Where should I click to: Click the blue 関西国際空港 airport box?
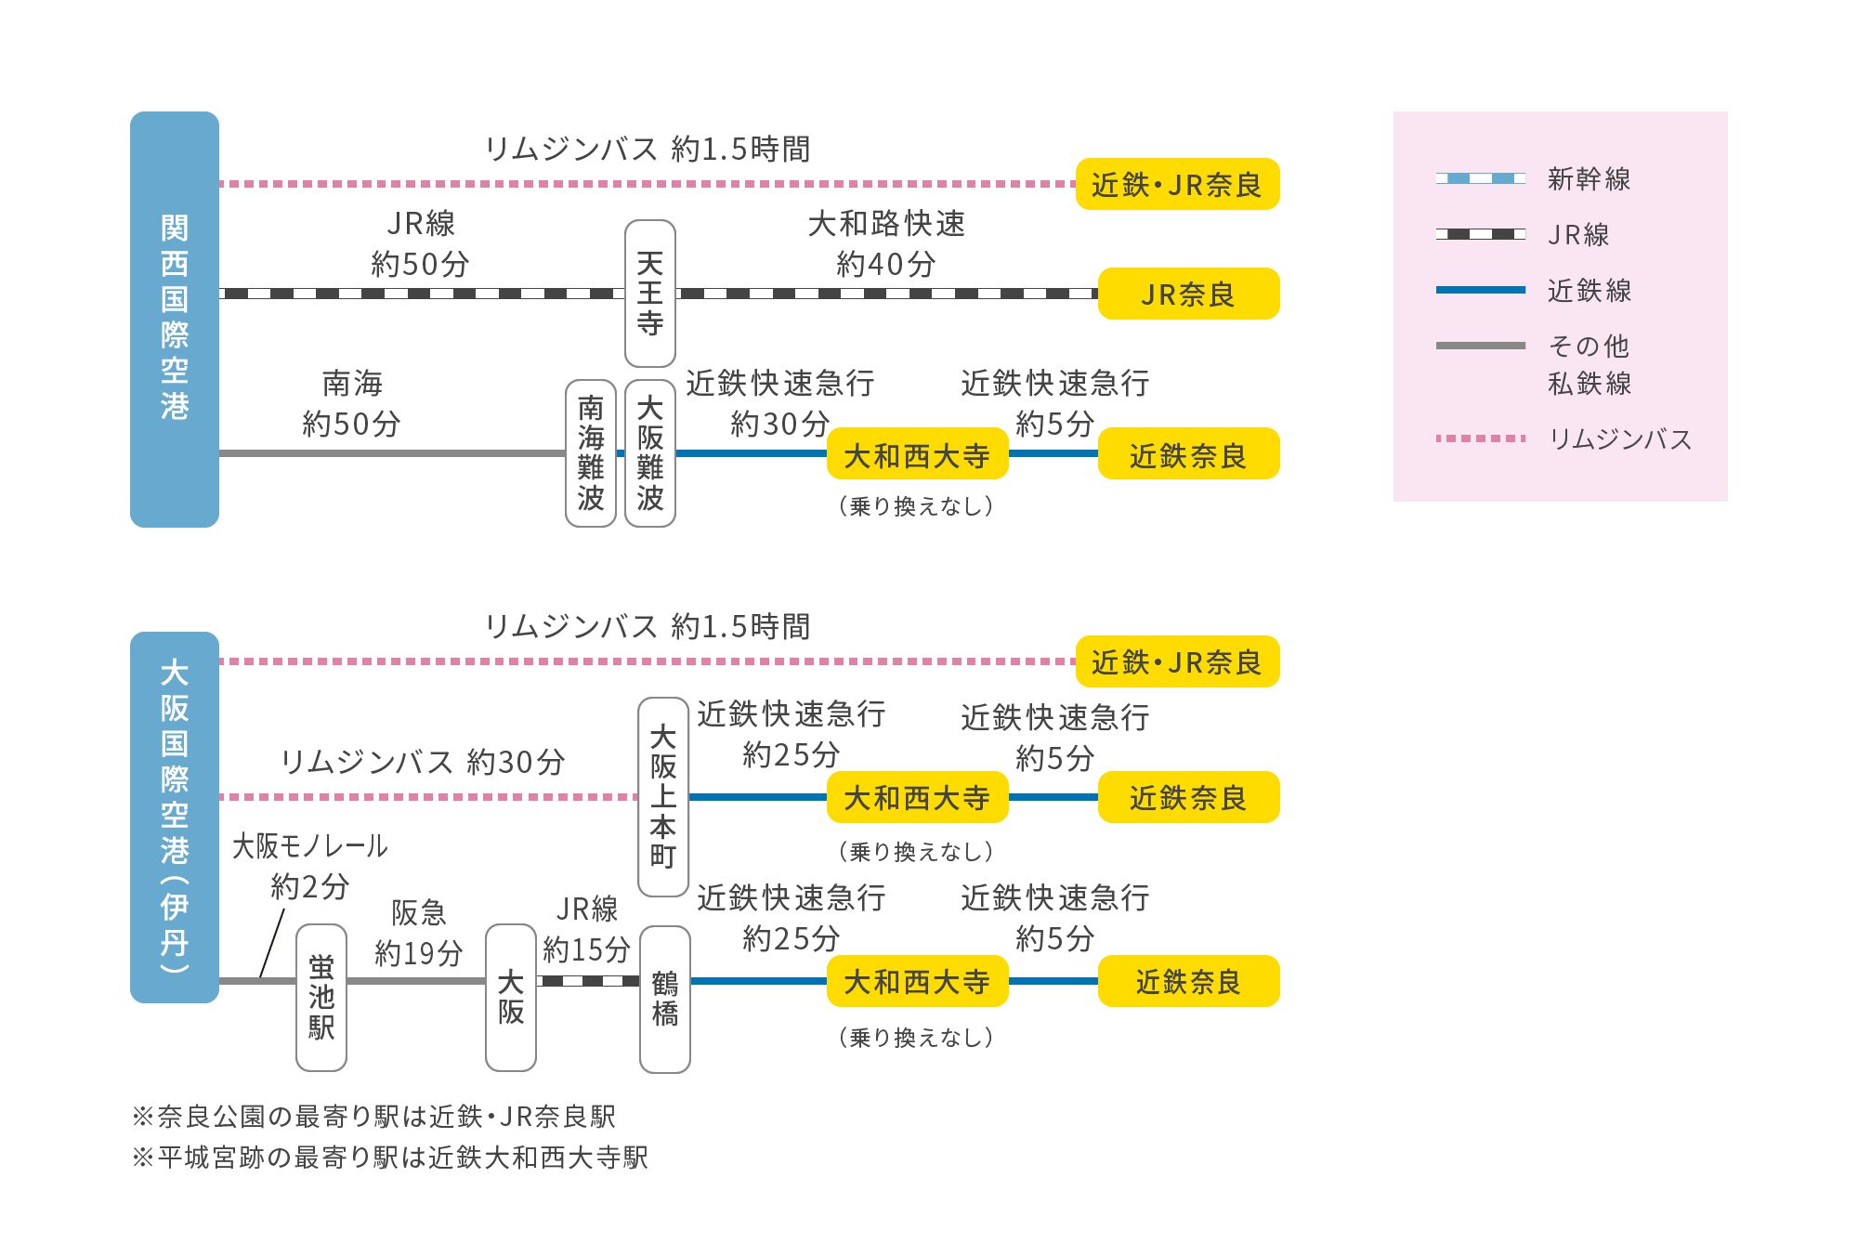(x=175, y=319)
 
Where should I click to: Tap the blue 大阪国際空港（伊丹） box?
(x=175, y=817)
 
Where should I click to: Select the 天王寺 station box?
(x=649, y=294)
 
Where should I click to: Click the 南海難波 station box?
(x=591, y=453)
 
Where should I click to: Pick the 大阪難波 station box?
(x=649, y=453)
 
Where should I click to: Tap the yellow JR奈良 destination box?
(x=1188, y=294)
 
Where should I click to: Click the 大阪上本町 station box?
(x=662, y=797)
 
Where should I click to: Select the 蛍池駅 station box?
(x=321, y=997)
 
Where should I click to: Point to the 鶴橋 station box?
(x=664, y=999)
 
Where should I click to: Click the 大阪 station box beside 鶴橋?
(x=510, y=997)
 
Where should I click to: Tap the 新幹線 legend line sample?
(x=1480, y=178)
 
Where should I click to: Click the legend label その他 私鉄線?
(x=1589, y=364)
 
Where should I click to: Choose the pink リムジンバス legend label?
(x=1620, y=438)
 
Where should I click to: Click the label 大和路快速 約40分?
(x=886, y=243)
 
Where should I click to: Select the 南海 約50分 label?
(x=352, y=403)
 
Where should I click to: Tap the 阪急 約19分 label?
(x=418, y=933)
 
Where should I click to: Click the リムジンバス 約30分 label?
(x=423, y=762)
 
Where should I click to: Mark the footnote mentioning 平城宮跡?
(x=390, y=1158)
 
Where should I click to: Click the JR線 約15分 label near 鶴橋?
(x=586, y=929)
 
